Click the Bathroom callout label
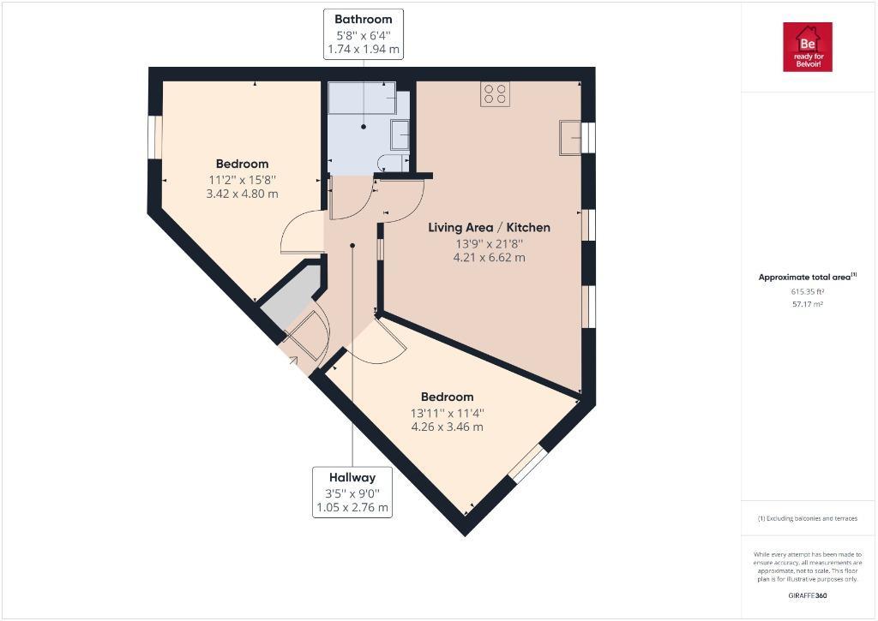(x=363, y=33)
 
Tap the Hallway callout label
(x=352, y=493)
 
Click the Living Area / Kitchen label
(x=490, y=227)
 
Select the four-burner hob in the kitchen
(x=495, y=94)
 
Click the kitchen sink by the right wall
(x=570, y=138)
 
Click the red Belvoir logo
(x=808, y=47)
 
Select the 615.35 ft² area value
(x=808, y=291)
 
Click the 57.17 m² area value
(x=808, y=304)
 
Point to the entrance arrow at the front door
(x=293, y=360)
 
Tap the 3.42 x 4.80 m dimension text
(x=243, y=194)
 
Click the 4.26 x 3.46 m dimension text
(x=447, y=427)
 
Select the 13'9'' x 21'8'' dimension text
(x=490, y=244)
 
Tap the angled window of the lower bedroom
(x=527, y=463)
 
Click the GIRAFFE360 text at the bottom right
(x=808, y=596)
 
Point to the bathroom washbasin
(x=400, y=134)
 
